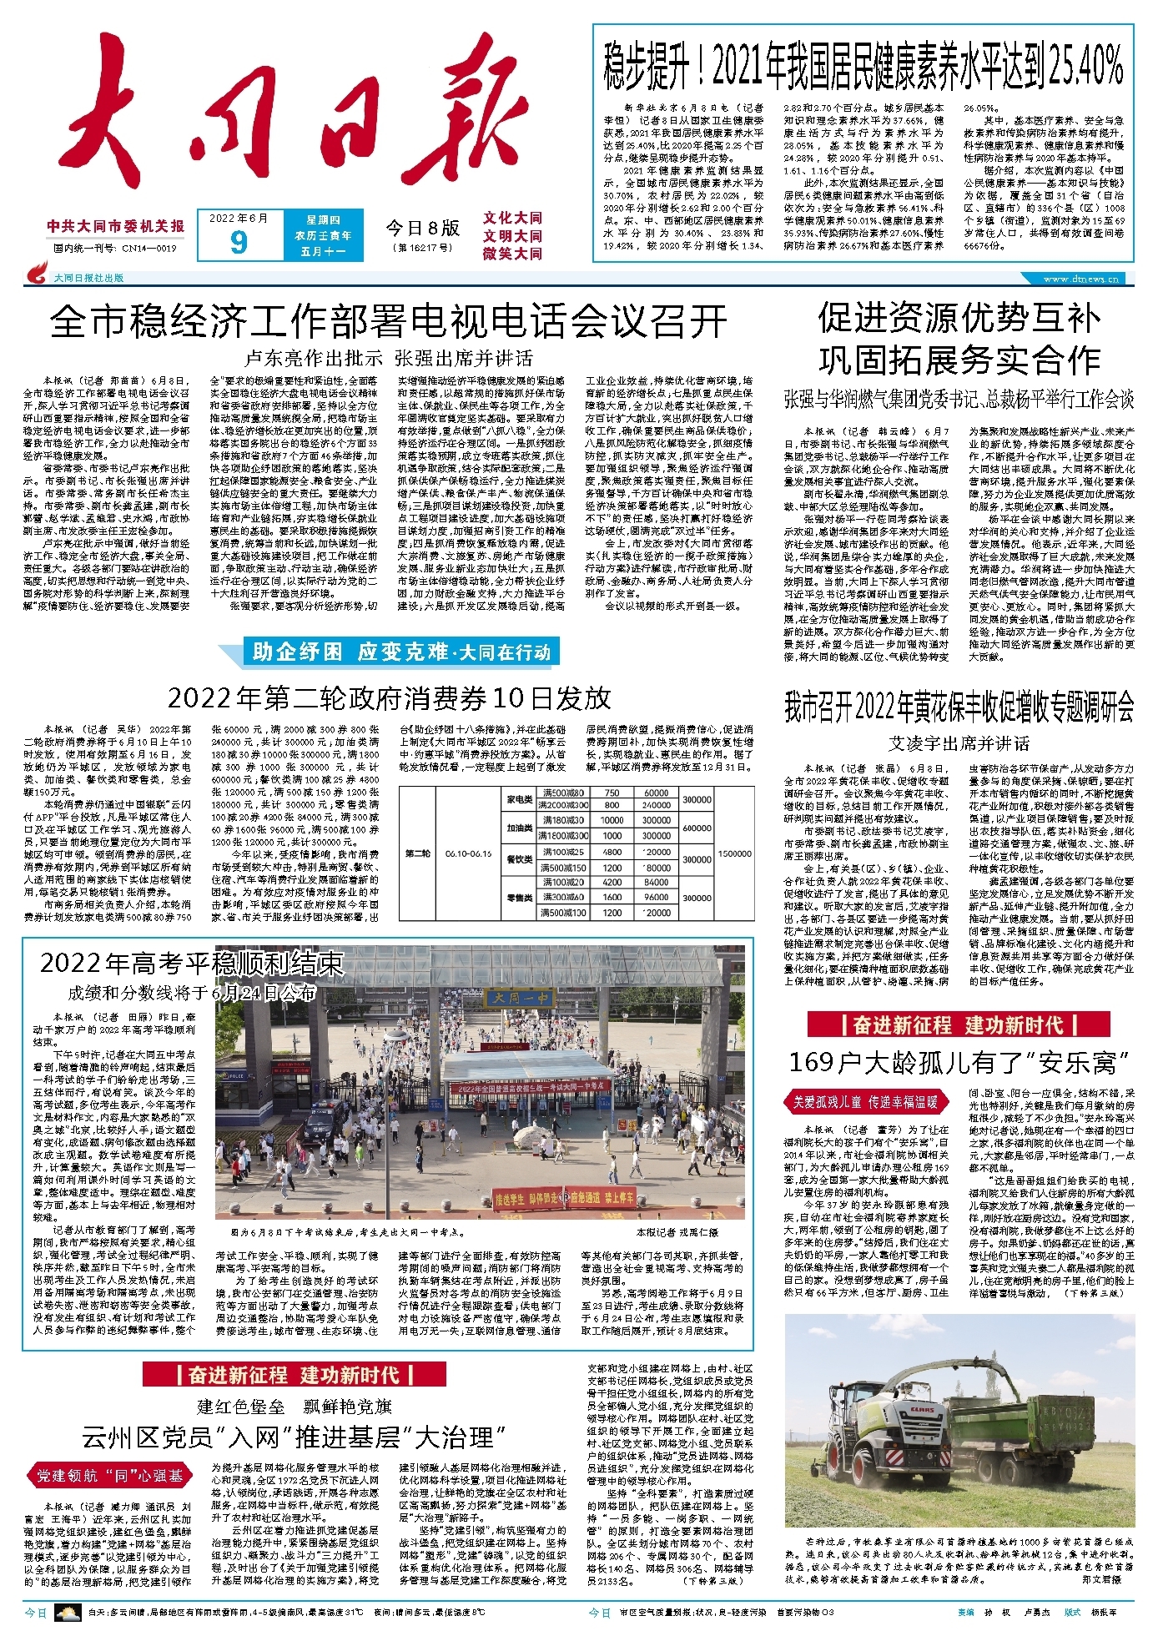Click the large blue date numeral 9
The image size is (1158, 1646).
point(239,241)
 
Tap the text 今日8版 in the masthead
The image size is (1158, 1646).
point(422,228)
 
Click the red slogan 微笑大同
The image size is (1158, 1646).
point(512,254)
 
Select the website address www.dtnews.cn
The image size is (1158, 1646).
point(1081,279)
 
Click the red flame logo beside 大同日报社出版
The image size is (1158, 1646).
point(38,274)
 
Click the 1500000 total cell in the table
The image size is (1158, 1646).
point(735,853)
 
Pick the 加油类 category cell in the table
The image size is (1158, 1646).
point(520,828)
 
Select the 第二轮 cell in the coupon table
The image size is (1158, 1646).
point(419,853)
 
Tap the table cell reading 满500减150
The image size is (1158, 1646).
point(564,868)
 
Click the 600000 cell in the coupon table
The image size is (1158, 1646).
point(697,828)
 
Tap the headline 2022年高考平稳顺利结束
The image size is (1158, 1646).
point(192,964)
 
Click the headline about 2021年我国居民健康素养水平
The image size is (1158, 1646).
point(863,68)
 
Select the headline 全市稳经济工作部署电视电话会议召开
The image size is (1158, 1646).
point(388,320)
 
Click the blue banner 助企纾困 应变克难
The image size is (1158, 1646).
point(389,652)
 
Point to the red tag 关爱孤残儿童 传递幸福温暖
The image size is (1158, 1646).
point(865,1103)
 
